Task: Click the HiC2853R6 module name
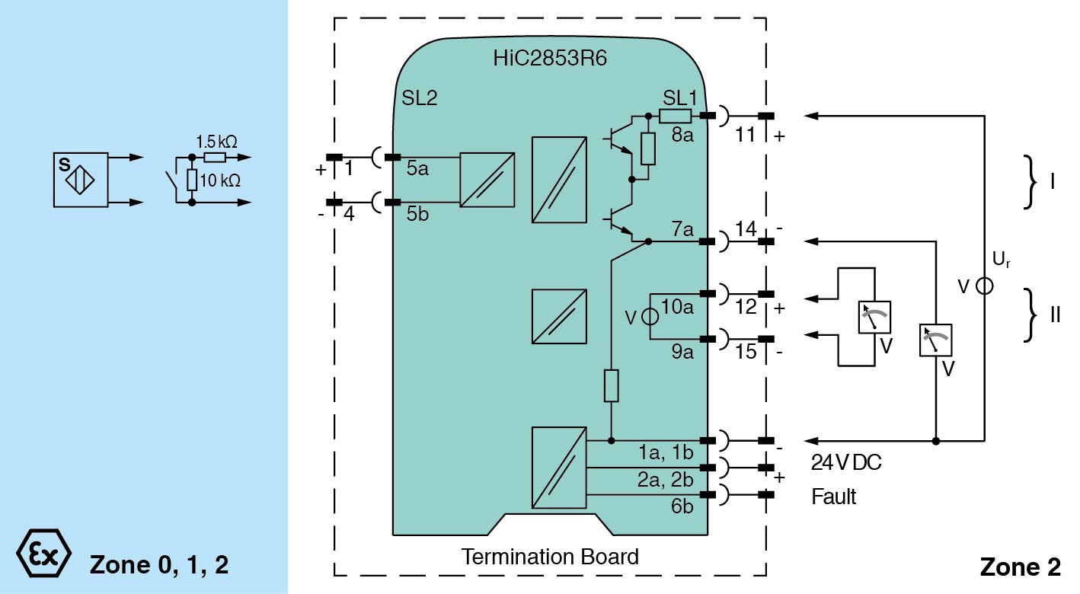click(549, 59)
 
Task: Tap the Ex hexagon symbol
click(43, 551)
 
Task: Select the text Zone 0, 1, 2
click(159, 565)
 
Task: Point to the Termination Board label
click(549, 557)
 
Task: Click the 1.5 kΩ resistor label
click(217, 142)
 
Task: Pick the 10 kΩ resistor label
click(221, 181)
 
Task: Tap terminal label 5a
click(417, 169)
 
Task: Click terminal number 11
click(746, 136)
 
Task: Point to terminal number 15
click(746, 353)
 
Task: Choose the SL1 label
click(679, 98)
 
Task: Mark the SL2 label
click(420, 98)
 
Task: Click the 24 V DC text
click(845, 462)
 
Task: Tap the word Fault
click(833, 497)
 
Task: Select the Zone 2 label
click(1019, 567)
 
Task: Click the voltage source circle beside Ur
click(985, 286)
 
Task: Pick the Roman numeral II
click(1055, 314)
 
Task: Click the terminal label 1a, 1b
click(665, 453)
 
